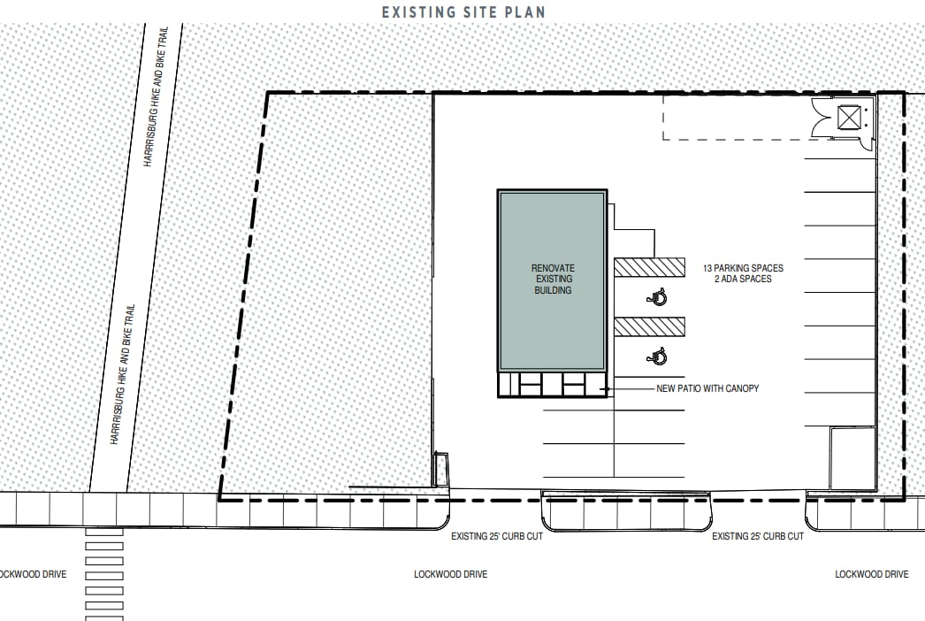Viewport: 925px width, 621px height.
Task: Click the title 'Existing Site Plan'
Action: pos(463,11)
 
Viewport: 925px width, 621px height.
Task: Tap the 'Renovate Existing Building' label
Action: pos(553,279)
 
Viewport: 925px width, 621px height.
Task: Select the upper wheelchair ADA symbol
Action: pos(657,296)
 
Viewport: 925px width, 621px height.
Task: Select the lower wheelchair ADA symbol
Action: pos(657,356)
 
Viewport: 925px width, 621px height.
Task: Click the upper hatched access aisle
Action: pos(649,267)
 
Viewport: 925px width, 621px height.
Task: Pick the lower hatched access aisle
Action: pos(649,327)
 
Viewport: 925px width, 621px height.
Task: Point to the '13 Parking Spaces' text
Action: pos(744,268)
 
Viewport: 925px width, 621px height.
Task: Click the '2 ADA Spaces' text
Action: pos(744,279)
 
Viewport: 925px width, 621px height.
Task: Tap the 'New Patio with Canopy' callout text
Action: pos(708,388)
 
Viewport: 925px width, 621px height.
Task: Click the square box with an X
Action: pos(849,118)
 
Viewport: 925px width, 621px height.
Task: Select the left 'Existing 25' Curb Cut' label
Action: pos(497,536)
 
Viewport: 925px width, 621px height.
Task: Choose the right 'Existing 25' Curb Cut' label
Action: pos(758,536)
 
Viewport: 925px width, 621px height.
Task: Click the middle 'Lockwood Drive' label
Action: pos(451,574)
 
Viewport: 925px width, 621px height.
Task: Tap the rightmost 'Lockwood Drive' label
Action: pos(872,574)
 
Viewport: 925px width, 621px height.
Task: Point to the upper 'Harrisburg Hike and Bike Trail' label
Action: pos(156,96)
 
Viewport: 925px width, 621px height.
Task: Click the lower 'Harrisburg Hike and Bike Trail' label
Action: pos(123,374)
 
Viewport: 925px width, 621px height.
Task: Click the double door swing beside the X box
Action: pos(822,118)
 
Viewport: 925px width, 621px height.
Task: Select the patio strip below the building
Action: pos(553,384)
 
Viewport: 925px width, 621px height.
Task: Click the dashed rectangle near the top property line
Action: pos(663,118)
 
